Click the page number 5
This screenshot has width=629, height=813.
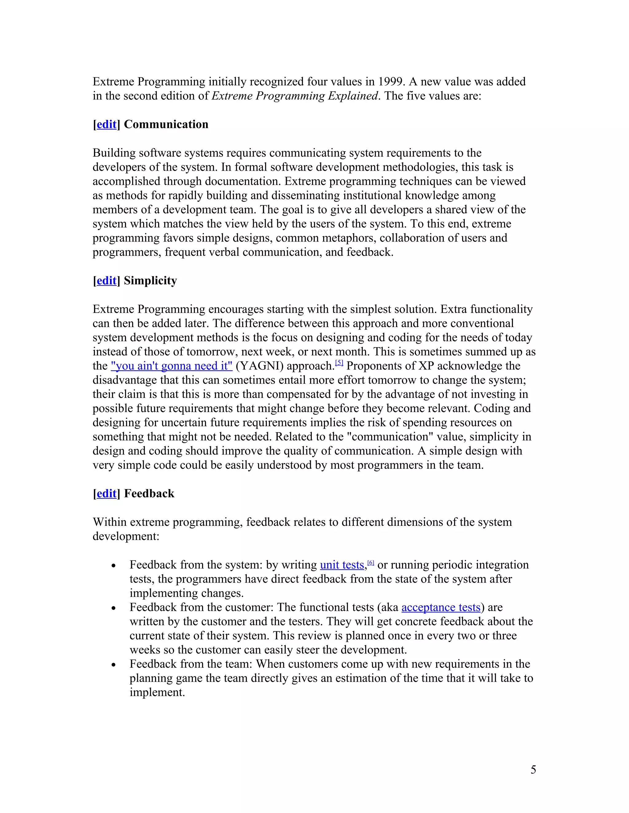click(533, 769)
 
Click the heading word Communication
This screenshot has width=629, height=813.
click(166, 124)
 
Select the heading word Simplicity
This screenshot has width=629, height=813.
click(150, 281)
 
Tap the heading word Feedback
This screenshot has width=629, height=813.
click(149, 494)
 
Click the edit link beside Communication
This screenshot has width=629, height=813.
click(106, 124)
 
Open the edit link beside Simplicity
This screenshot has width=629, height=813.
click(106, 281)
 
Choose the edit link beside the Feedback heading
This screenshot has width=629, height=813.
click(106, 494)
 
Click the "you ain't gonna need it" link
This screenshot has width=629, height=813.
click(172, 366)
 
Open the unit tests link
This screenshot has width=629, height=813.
click(342, 565)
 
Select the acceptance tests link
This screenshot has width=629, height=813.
click(441, 607)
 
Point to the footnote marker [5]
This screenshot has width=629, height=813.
click(339, 363)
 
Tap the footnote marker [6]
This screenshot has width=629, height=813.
click(371, 562)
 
